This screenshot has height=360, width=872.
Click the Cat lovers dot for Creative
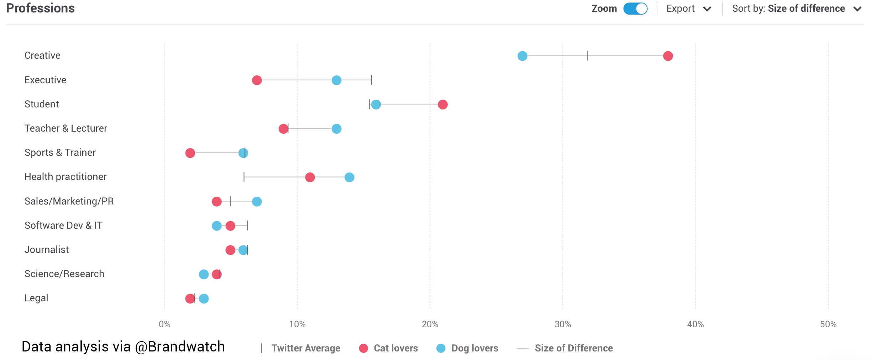668,56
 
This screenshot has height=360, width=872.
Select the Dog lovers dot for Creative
522,56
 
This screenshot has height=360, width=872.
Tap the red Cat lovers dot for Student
442,105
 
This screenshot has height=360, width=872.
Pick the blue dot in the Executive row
336,80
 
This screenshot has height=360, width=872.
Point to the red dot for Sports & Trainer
190,153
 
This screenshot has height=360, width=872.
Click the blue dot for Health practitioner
349,178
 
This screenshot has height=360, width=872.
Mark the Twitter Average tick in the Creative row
587,56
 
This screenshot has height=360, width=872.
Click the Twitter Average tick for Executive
371,80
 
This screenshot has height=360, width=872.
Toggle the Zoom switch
635,9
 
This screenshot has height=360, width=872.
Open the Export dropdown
688,9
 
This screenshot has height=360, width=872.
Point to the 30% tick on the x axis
563,324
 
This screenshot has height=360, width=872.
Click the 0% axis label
164,324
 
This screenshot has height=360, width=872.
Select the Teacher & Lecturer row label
66,128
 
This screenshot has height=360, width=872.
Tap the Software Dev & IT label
63,226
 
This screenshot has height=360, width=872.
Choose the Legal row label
36,298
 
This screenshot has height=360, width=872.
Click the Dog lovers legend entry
468,348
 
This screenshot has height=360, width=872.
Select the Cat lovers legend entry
389,348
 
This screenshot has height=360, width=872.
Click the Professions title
41,8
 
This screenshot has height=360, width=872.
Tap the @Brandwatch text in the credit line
180,347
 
